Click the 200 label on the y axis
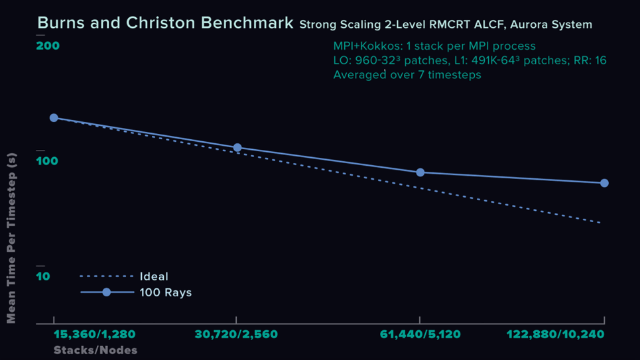coord(47,46)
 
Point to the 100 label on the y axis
coord(47,162)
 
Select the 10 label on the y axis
coord(43,276)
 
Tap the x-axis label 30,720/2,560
coord(236,335)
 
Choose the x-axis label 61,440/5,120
coord(420,335)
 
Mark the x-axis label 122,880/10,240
coord(555,335)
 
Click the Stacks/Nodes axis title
coord(96,350)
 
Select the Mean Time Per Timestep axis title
coord(11,238)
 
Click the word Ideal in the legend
coord(154,276)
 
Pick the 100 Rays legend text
coord(165,292)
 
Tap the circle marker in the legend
coord(106,292)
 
